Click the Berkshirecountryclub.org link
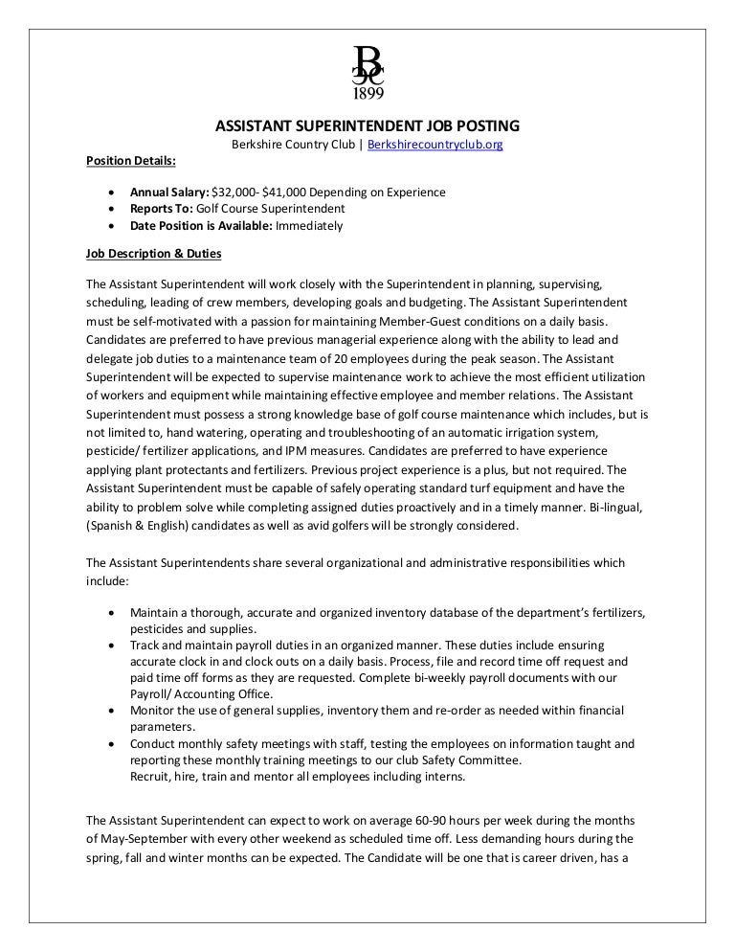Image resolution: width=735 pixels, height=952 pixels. [434, 145]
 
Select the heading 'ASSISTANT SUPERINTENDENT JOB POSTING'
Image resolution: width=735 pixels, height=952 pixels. [367, 125]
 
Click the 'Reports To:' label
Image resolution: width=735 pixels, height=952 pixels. [162, 209]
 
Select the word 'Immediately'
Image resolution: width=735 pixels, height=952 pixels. [309, 226]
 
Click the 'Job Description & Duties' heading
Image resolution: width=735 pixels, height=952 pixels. [153, 254]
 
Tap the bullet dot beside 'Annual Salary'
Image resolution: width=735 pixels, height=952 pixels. [115, 192]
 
